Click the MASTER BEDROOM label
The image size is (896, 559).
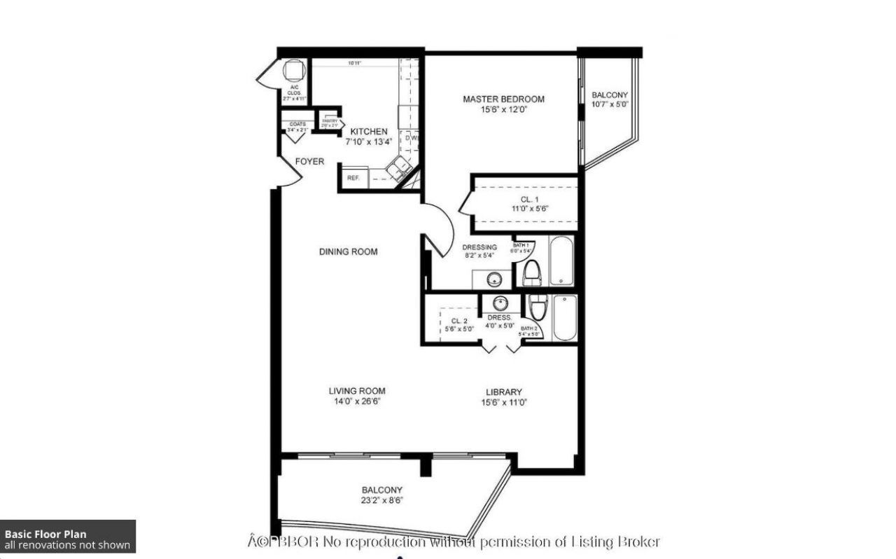tap(503, 99)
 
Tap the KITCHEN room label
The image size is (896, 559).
tap(368, 132)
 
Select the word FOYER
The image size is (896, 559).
tap(309, 162)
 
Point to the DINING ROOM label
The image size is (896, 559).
tap(348, 251)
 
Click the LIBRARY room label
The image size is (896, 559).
tap(503, 392)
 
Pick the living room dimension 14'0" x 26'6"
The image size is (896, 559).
tap(357, 401)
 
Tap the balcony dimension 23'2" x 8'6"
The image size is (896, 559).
tap(382, 500)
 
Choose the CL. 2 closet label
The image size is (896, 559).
tap(458, 321)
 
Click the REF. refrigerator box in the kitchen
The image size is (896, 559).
tap(353, 178)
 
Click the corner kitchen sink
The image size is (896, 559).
tap(401, 167)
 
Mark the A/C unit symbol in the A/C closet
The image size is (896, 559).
tap(293, 71)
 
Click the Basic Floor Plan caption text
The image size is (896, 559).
tap(45, 534)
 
